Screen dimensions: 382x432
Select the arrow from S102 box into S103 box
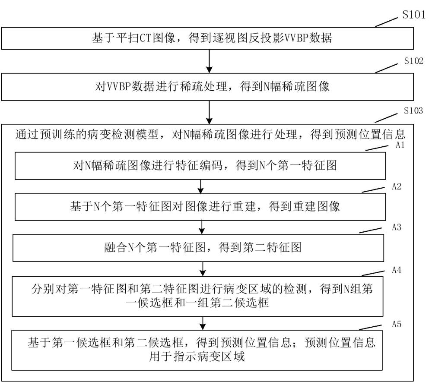[209, 112]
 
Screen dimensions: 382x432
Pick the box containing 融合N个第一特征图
[199, 248]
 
